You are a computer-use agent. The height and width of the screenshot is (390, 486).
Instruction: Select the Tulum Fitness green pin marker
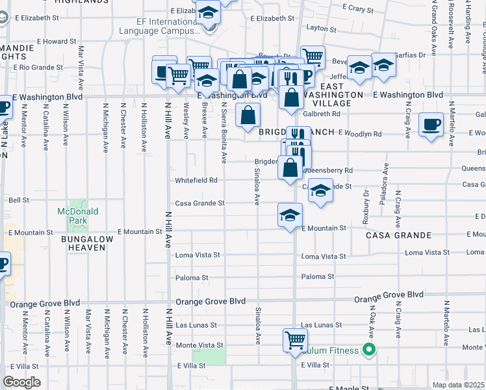pyautogui.click(x=369, y=350)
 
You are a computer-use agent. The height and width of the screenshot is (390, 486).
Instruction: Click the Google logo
pyautogui.click(x=21, y=382)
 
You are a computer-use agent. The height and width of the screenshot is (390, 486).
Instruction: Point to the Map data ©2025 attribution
pyautogui.click(x=458, y=385)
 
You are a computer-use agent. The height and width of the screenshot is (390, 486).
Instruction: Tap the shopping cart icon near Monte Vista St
pyautogui.click(x=295, y=339)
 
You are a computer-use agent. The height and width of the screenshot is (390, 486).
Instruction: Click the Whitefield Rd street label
pyautogui.click(x=195, y=180)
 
